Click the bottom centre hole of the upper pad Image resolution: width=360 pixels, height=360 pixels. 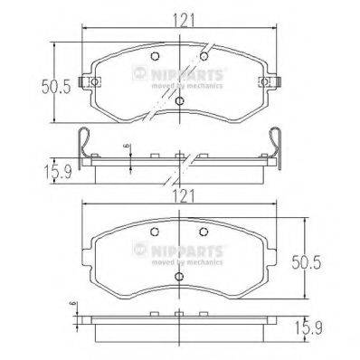[x=181, y=100]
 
